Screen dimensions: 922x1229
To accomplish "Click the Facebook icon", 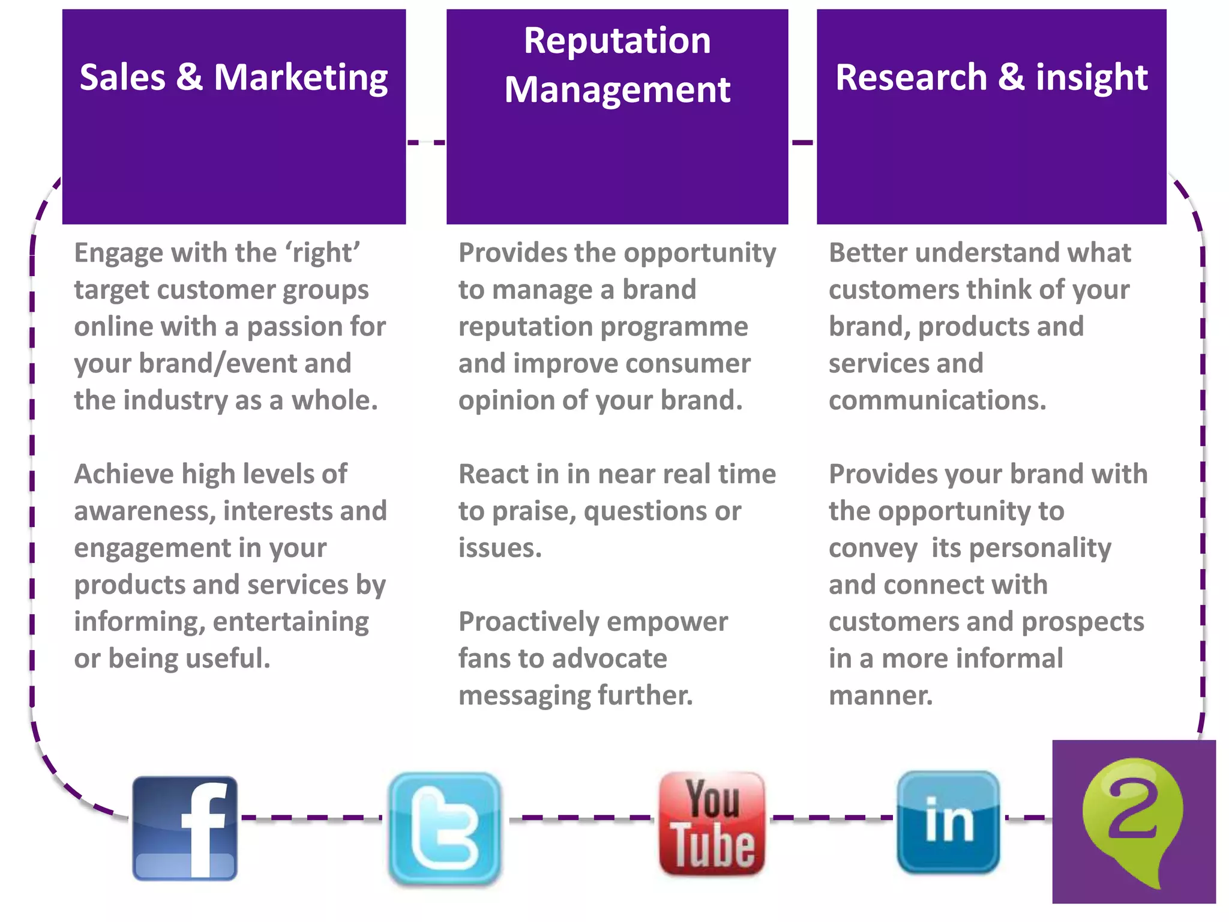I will (x=185, y=828).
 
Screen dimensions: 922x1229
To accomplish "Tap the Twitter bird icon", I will (x=445, y=828).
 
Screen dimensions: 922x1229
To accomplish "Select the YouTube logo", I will (x=712, y=824).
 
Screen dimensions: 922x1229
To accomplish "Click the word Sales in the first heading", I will (x=122, y=77).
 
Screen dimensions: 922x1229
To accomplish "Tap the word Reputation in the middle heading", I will (x=617, y=41).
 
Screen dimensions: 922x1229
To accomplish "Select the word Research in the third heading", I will (x=911, y=77).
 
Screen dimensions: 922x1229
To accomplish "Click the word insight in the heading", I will (x=1092, y=79).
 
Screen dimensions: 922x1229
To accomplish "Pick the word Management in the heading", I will (x=617, y=90).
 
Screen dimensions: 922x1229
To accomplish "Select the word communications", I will (x=937, y=400).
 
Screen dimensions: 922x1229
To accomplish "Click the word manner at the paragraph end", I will (x=880, y=696).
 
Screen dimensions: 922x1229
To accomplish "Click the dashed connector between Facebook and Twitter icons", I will (x=311, y=818).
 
